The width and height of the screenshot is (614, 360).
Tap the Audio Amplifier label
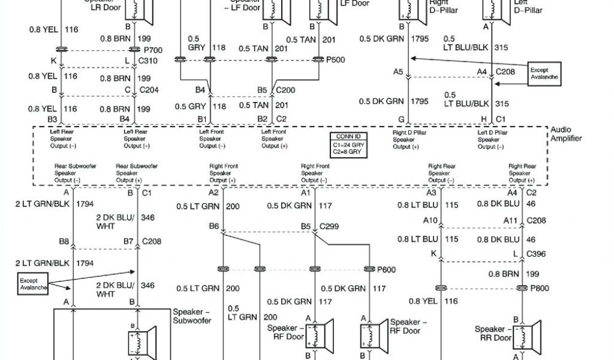click(565, 134)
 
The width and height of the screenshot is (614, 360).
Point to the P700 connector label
click(153, 50)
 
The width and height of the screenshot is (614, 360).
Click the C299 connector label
click(329, 227)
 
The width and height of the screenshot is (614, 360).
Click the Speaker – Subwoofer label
click(192, 316)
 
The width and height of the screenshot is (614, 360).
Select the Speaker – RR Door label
click(493, 334)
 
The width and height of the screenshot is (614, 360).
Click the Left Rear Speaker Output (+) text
click(136, 139)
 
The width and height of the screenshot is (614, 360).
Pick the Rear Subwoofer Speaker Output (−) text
click(68, 173)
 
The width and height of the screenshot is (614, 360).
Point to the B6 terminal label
click(214, 226)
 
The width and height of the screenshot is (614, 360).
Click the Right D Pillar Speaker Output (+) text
click(410, 139)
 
